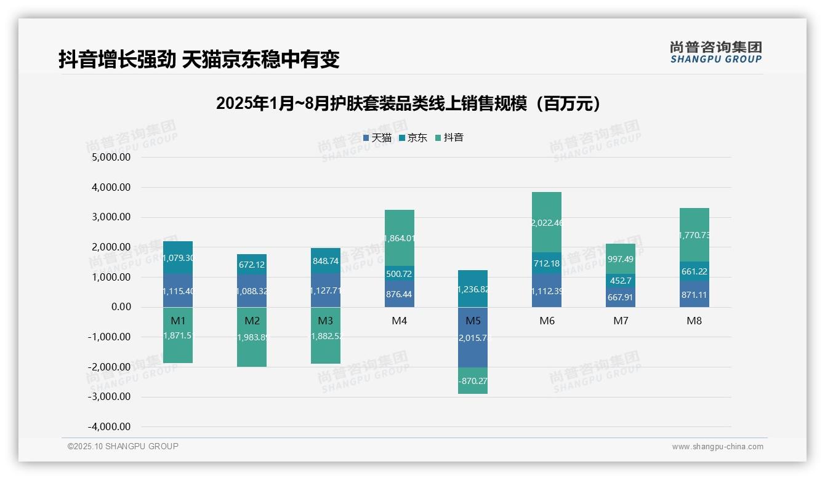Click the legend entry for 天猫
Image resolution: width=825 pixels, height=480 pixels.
coord(377,138)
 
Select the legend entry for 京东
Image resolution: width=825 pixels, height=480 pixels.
coord(413,138)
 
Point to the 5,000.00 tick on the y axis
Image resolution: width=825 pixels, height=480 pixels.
coord(111,158)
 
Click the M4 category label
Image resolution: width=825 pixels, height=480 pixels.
coord(400,321)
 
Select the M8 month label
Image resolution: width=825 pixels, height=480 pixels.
coord(694,321)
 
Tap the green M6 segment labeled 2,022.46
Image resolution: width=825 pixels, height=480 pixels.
coord(547,222)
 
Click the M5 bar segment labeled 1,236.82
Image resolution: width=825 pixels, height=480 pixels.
coord(473,289)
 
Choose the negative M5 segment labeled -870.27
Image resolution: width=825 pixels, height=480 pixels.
coord(473,381)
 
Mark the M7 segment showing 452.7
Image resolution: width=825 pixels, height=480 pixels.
coord(621,281)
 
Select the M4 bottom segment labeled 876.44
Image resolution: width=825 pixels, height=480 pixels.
coord(400,294)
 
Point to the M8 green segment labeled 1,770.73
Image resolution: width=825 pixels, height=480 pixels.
coord(694,234)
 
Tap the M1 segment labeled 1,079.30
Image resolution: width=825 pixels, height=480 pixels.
coord(178,258)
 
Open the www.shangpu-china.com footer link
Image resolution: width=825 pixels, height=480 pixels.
coord(717,447)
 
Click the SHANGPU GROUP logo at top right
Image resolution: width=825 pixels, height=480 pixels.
coord(715,52)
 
